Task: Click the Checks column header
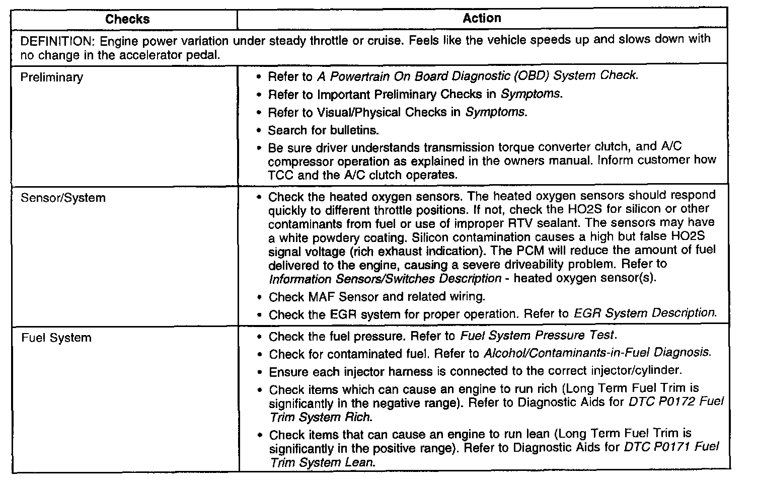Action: pos(127,19)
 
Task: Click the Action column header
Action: pos(482,18)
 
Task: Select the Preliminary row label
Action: pos(51,77)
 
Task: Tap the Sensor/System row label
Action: pos(63,198)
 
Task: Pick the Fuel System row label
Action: pos(56,338)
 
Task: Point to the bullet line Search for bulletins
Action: pos(323,130)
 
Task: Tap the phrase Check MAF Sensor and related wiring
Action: pos(376,297)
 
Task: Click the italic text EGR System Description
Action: pos(644,313)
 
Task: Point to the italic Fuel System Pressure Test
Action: pos(538,336)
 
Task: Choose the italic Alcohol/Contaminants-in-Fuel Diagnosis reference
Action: pos(597,353)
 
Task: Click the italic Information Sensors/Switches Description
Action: pos(385,278)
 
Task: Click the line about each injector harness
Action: pos(475,371)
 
